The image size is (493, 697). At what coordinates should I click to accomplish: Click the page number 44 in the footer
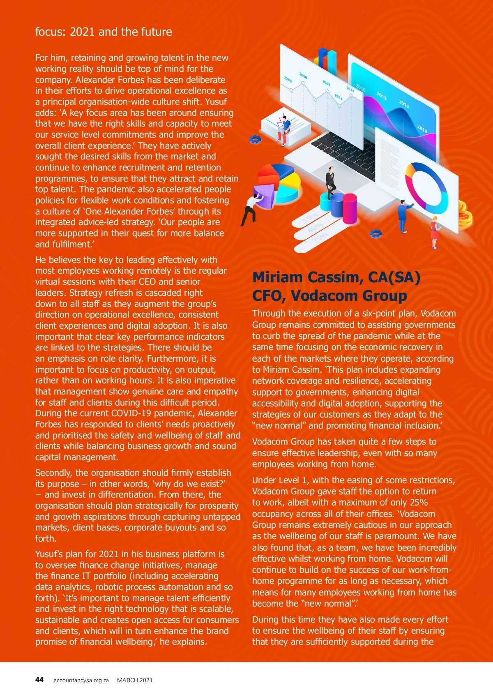(39, 680)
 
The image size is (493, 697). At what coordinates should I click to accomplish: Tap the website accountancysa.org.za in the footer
(81, 680)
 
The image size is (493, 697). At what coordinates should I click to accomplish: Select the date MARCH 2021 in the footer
(135, 680)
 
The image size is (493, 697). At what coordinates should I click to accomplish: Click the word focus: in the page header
(50, 32)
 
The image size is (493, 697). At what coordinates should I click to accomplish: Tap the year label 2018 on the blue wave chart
(422, 129)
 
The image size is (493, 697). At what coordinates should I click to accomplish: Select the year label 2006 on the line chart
(288, 79)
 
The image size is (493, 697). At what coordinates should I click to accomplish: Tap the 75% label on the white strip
(320, 237)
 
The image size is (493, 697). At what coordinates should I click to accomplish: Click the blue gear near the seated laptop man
(255, 140)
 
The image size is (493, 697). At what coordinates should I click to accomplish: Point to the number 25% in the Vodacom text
(418, 503)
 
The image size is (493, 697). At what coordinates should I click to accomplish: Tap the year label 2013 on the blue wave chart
(381, 96)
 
